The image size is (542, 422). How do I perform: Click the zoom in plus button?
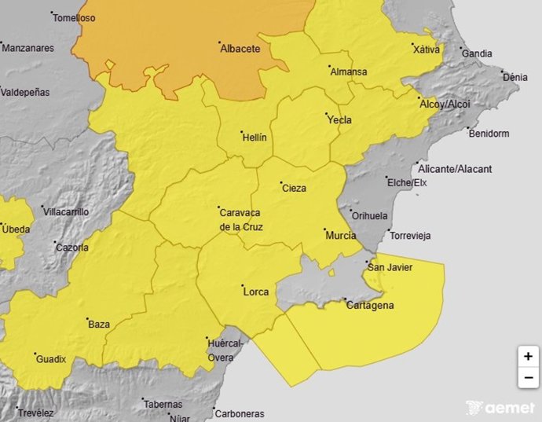point(527,356)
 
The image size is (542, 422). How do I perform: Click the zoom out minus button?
point(527,377)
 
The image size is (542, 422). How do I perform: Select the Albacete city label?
point(240,49)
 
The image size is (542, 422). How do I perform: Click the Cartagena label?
point(370,306)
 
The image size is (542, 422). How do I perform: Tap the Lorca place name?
point(256,292)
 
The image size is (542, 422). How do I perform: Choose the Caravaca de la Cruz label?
point(241,219)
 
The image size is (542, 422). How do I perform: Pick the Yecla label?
point(339,120)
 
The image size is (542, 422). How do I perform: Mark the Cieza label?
point(293,188)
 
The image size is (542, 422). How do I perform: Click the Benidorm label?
point(489,134)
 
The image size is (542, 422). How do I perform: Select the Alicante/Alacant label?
point(455,169)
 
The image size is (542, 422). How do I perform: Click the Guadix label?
point(51,359)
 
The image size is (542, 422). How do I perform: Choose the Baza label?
point(99,324)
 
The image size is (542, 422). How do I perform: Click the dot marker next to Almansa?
point(330,66)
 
